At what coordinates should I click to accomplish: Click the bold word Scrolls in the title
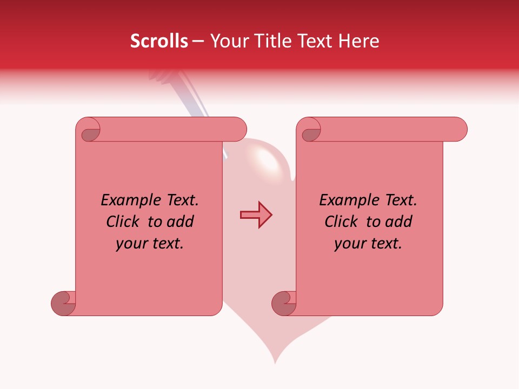click(x=159, y=41)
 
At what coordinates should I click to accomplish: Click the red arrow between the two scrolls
click(x=256, y=215)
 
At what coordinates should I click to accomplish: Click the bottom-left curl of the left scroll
click(x=64, y=303)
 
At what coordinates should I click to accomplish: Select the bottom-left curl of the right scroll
click(x=284, y=303)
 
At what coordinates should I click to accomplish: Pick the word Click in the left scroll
click(x=123, y=222)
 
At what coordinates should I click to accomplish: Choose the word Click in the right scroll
click(x=342, y=222)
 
